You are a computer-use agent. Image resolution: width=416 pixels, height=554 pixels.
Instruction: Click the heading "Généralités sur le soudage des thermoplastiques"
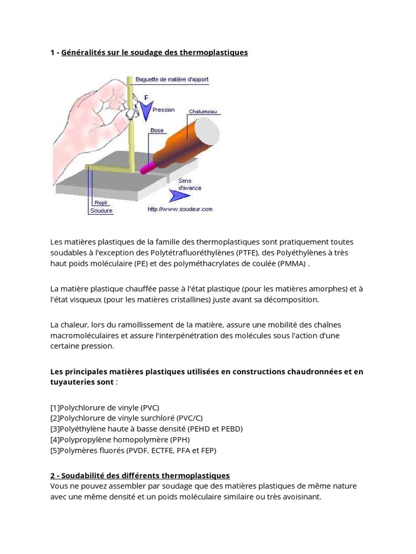[154, 52]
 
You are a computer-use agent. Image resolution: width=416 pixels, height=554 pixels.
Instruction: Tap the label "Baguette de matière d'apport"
[172, 80]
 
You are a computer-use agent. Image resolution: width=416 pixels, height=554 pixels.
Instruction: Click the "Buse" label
[157, 130]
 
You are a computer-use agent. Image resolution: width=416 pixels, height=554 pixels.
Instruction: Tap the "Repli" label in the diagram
[101, 203]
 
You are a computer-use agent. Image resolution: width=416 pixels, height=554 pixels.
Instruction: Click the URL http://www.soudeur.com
[180, 209]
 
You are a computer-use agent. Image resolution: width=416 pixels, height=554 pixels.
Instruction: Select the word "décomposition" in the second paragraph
[292, 299]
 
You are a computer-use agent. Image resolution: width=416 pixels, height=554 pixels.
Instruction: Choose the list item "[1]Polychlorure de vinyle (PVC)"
[105, 407]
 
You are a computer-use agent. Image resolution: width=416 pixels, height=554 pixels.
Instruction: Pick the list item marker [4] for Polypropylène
[55, 439]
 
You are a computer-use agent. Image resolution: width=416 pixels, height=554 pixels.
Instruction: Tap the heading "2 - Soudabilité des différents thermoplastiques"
[140, 476]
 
